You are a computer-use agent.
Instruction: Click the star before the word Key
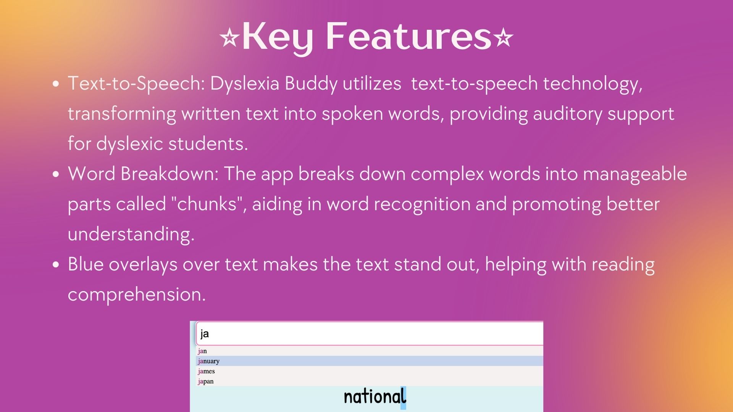tap(229, 38)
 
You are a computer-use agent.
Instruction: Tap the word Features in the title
tap(408, 36)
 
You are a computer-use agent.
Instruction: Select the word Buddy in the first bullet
tap(311, 84)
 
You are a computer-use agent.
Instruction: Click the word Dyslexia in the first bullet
tap(245, 84)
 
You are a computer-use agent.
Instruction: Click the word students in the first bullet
tap(208, 144)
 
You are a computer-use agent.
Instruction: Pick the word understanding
tap(131, 234)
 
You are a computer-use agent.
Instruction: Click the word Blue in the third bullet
tap(86, 264)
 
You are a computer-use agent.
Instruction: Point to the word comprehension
tap(136, 294)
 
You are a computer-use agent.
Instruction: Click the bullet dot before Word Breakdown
tap(56, 174)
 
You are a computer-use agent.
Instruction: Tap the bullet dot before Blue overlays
tap(56, 264)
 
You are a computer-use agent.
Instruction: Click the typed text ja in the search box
tap(205, 334)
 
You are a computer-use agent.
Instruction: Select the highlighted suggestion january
tap(209, 361)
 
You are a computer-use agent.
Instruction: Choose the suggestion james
tap(207, 371)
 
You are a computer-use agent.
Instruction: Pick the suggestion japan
tap(206, 381)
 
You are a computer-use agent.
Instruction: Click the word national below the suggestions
tap(375, 397)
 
